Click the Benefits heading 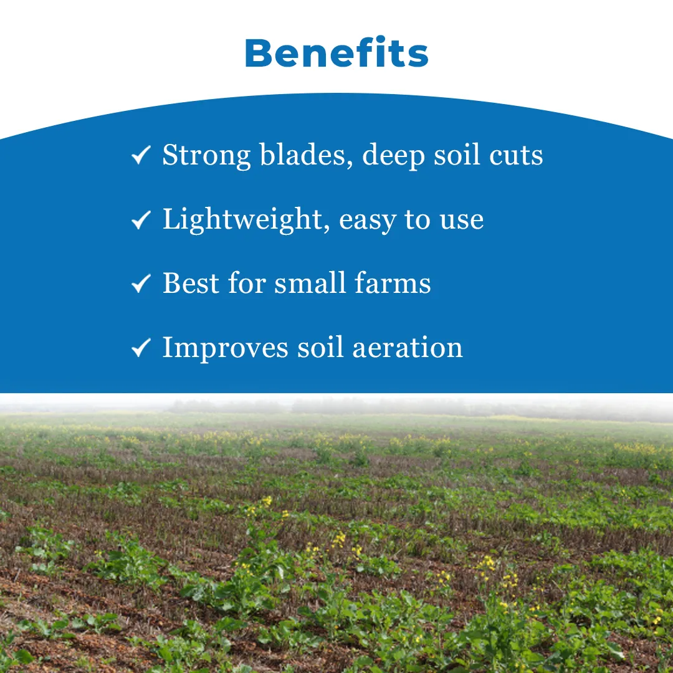[x=336, y=53]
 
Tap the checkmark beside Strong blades [x=141, y=155]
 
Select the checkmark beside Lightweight [x=141, y=220]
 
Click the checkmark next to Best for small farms [x=141, y=284]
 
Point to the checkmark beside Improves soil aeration [x=141, y=348]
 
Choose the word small [x=310, y=284]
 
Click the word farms [x=393, y=284]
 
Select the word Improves [x=226, y=348]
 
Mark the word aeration [x=408, y=348]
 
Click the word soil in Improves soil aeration [x=321, y=347]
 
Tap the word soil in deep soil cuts [x=457, y=155]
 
